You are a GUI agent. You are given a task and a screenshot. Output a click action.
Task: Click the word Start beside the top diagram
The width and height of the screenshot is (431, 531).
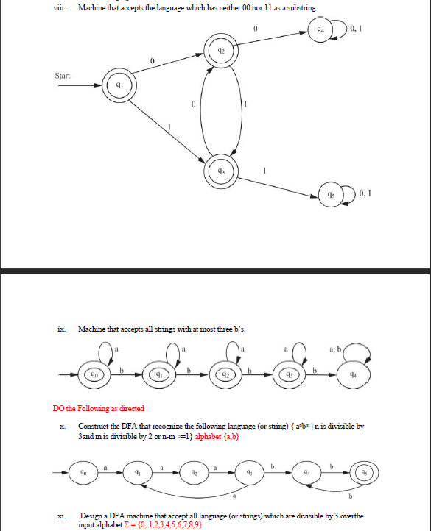point(63,76)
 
